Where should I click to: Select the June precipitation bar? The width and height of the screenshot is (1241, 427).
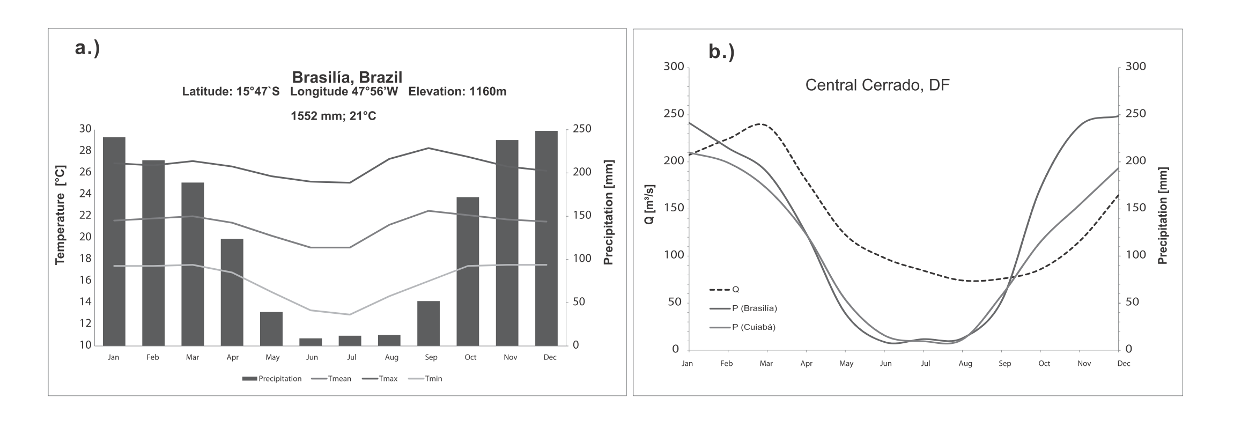311,342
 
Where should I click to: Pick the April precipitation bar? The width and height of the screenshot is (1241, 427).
232,292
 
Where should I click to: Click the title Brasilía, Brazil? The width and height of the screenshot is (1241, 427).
346,77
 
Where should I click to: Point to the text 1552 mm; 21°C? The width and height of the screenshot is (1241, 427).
333,116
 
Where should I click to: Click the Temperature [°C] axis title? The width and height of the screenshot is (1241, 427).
60,215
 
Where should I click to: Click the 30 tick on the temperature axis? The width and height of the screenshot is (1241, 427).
85,129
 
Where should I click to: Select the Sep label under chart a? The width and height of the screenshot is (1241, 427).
431,357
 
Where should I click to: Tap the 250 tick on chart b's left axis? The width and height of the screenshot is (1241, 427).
674,114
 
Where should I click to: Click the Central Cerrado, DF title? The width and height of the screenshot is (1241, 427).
877,86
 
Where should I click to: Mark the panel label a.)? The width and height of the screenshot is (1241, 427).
87,49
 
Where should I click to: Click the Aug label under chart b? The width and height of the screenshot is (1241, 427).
965,364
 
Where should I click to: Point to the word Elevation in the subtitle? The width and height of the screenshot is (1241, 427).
435,92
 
